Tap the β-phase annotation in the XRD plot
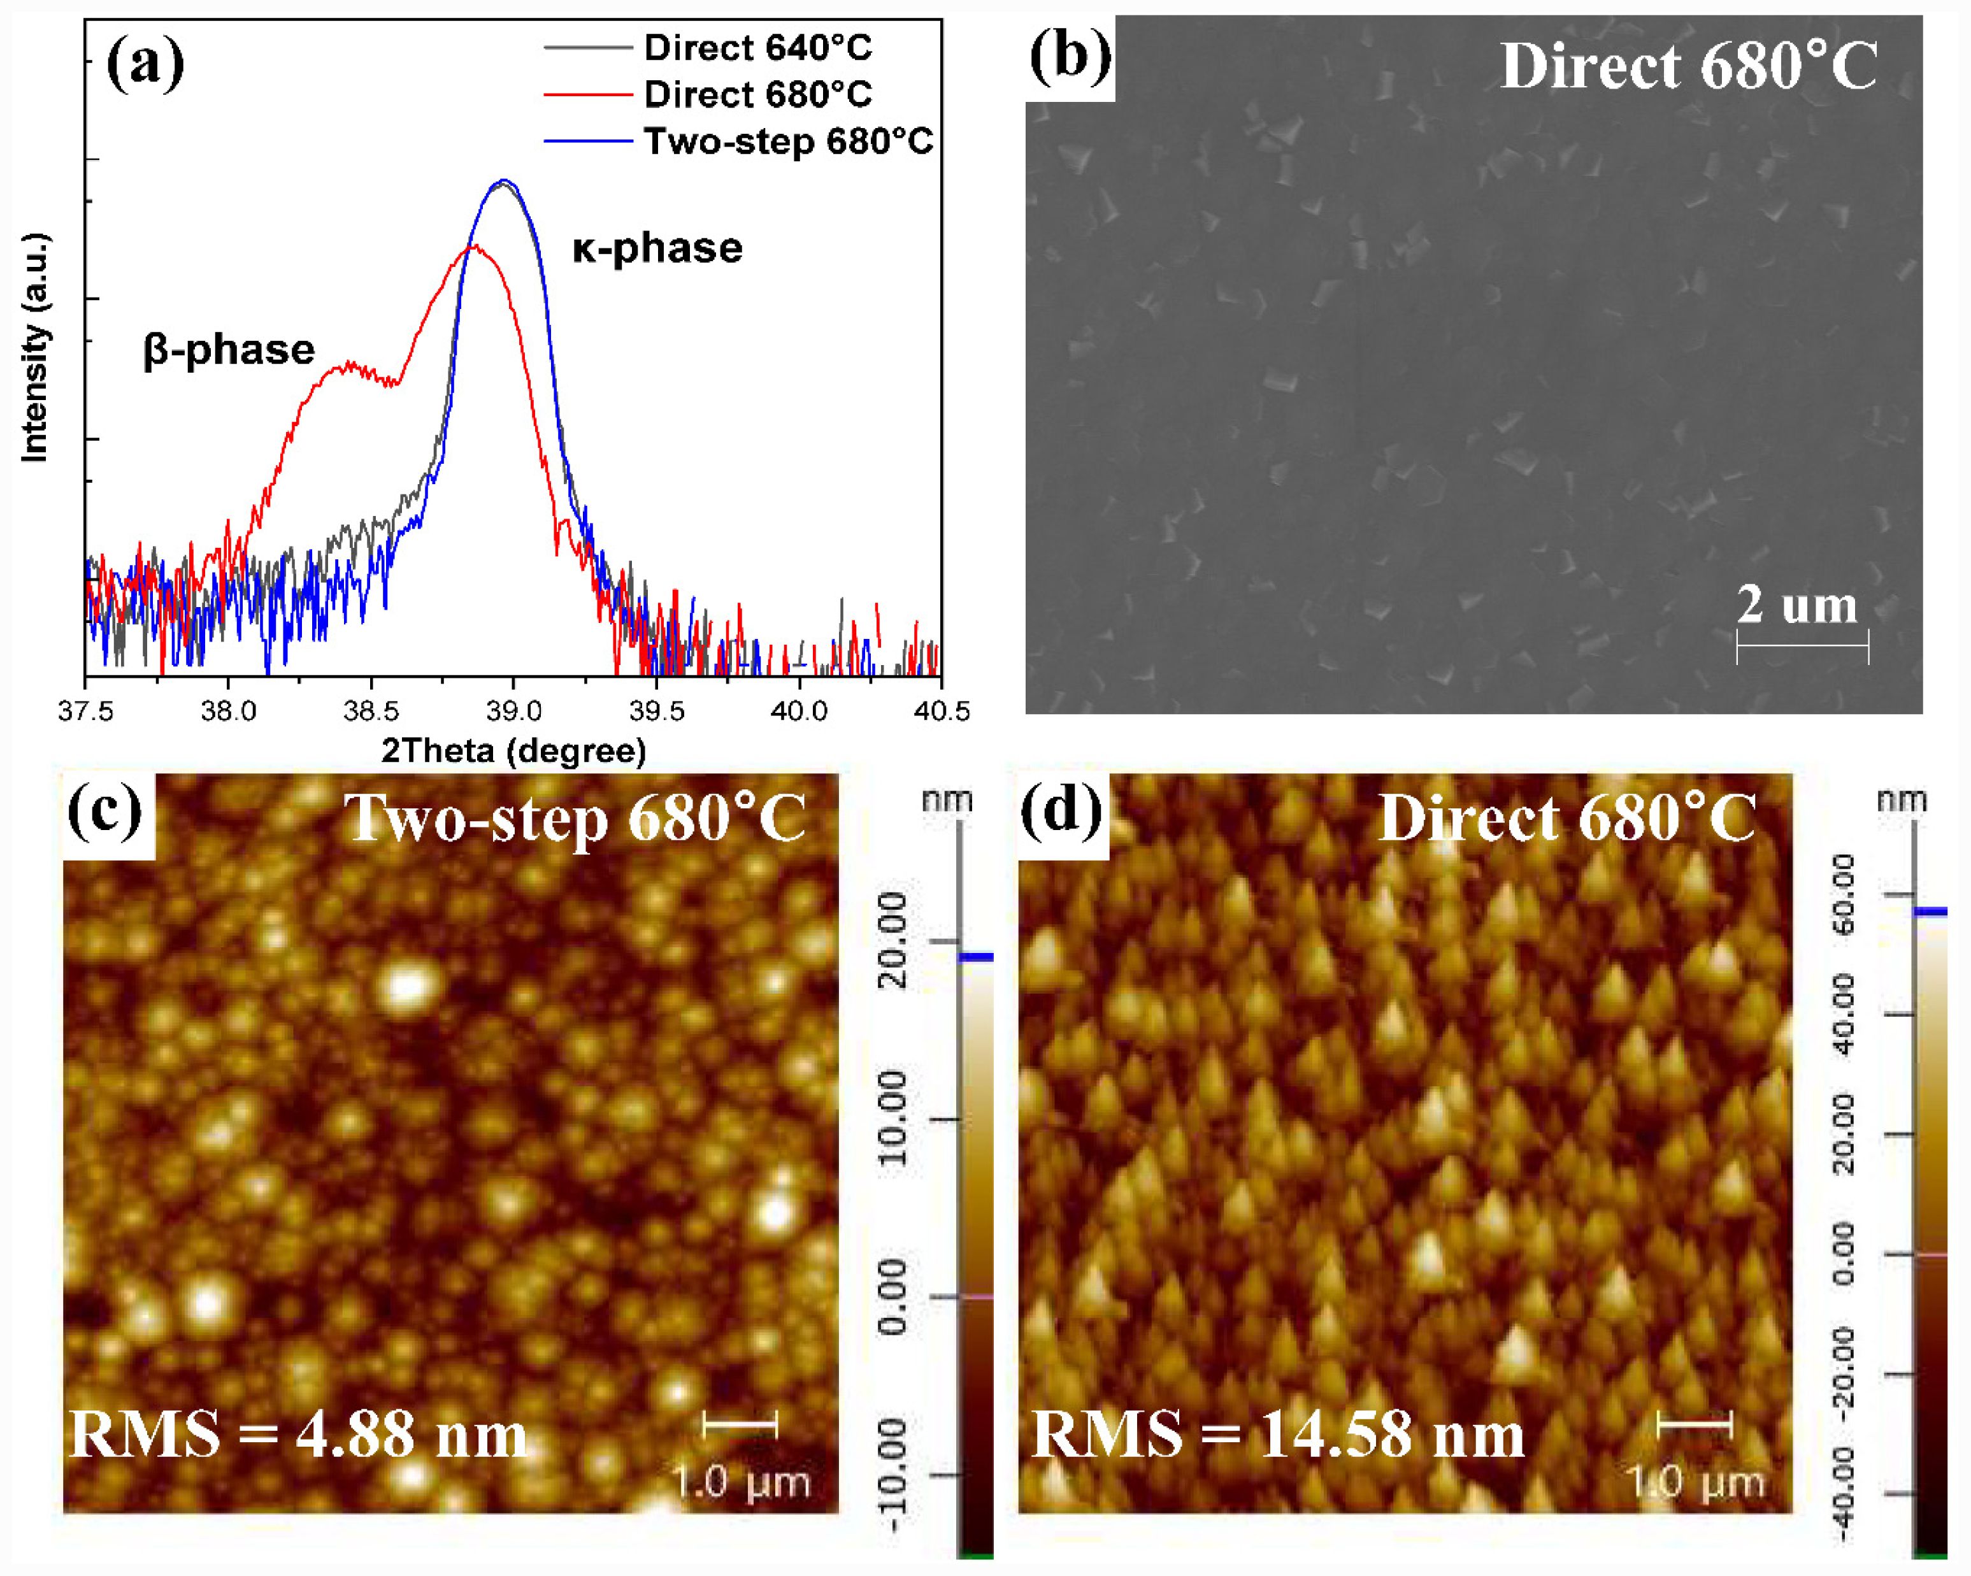pyautogui.click(x=229, y=350)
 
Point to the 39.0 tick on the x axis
pyautogui.click(x=514, y=710)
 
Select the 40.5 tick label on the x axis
pyautogui.click(x=942, y=710)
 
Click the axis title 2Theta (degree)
pyautogui.click(x=514, y=750)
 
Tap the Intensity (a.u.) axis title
pyautogui.click(x=35, y=347)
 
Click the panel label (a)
pyautogui.click(x=145, y=62)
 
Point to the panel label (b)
pyautogui.click(x=1070, y=57)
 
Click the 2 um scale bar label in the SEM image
pyautogui.click(x=1796, y=605)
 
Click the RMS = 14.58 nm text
pyautogui.click(x=1278, y=1433)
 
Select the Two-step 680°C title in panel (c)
pyautogui.click(x=575, y=818)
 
